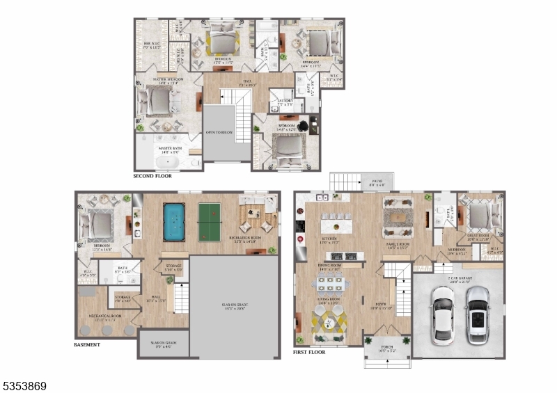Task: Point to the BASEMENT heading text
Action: tap(88, 344)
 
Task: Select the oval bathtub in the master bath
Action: tap(167, 163)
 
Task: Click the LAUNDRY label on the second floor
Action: tap(285, 102)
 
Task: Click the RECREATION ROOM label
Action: tap(246, 239)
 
